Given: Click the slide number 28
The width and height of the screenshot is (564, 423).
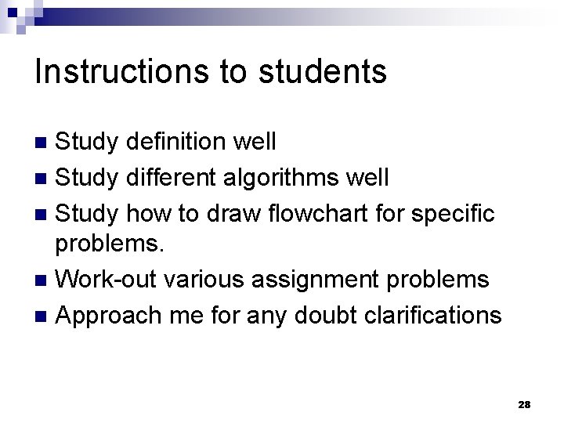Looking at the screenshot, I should [524, 404].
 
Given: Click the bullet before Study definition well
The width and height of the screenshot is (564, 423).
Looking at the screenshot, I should [44, 143].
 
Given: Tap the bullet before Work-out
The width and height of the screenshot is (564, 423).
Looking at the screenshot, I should [44, 280].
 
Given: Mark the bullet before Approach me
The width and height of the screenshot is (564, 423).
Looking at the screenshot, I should [44, 316].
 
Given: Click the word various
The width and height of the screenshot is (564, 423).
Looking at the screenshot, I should [212, 279].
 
